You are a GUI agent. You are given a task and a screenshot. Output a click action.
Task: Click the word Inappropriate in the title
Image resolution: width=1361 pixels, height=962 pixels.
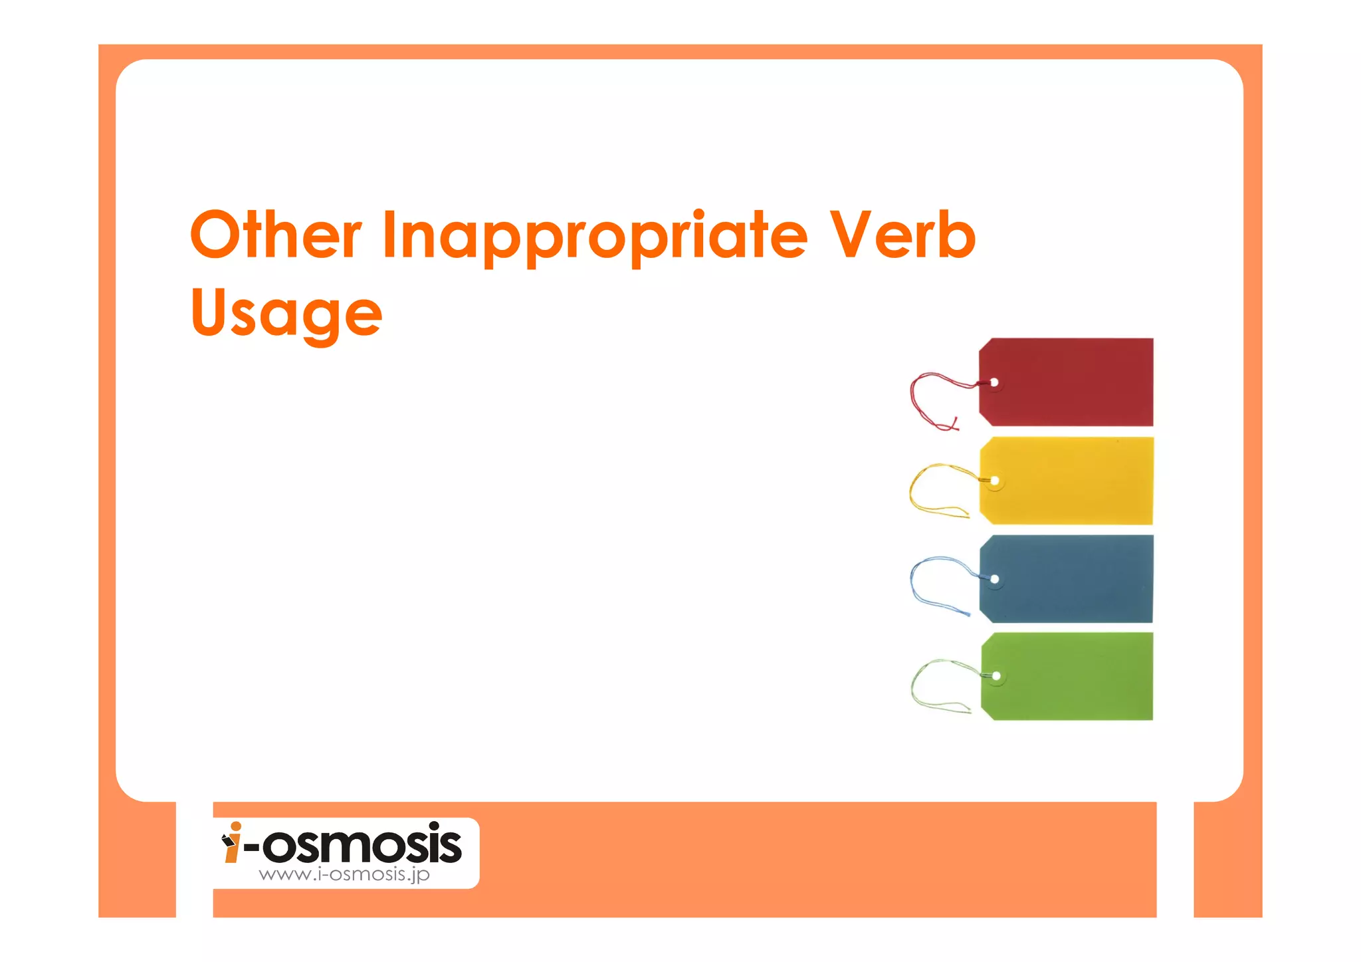pos(595,236)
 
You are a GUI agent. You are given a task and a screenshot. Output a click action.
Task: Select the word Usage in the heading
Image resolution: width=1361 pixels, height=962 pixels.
pos(286,314)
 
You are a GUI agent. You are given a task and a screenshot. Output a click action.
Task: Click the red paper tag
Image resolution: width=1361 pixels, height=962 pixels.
pos(1073,382)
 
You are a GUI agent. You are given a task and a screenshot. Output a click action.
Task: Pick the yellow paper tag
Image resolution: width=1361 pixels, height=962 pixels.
pos(1073,481)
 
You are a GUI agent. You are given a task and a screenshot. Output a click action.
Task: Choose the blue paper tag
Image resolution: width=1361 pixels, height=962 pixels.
pos(1073,579)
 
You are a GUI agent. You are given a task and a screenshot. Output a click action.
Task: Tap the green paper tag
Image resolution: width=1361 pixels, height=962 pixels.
pos(1073,676)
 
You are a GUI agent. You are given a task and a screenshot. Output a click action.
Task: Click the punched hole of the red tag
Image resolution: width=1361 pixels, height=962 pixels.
pos(994,382)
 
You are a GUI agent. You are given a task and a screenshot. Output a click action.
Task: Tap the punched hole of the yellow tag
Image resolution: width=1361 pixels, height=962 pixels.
pos(995,481)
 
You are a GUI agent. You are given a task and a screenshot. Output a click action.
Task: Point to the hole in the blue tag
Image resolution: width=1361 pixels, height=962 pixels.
pos(995,579)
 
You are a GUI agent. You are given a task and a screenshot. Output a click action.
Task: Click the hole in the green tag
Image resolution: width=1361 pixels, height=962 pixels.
pos(996,676)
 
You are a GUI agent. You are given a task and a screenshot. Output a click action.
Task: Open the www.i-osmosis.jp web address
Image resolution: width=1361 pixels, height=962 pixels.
pos(344,874)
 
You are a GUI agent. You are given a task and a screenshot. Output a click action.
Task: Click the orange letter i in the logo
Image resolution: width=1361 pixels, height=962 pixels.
pos(233,843)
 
